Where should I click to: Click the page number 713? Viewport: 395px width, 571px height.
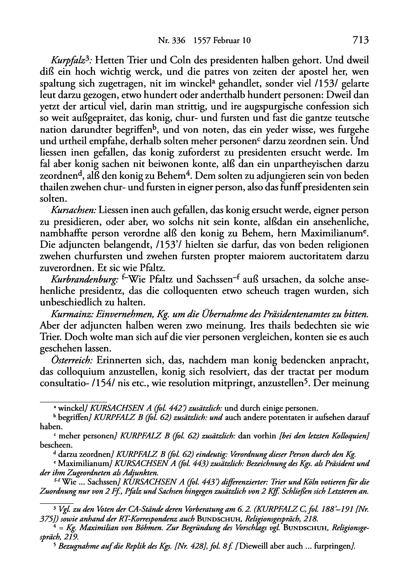359,41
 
